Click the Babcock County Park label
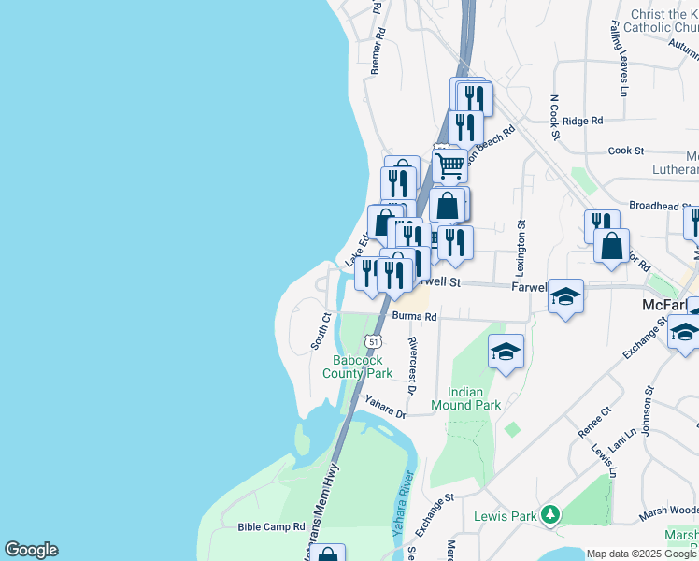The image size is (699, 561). (364, 366)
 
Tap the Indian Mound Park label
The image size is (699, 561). (466, 398)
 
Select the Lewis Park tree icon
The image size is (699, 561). (551, 515)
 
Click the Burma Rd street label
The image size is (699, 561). (415, 317)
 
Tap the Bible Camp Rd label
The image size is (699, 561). (272, 527)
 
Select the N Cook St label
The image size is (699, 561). (554, 117)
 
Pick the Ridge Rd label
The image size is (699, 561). (583, 121)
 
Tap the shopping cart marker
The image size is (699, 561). (449, 165)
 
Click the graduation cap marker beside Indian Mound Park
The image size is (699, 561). (506, 352)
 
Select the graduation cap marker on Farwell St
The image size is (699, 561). (565, 296)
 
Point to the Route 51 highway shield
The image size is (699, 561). (373, 341)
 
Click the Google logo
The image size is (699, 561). (31, 550)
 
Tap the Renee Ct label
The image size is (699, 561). (594, 422)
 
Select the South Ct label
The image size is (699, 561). (321, 331)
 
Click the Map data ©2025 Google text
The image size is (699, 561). (641, 554)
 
